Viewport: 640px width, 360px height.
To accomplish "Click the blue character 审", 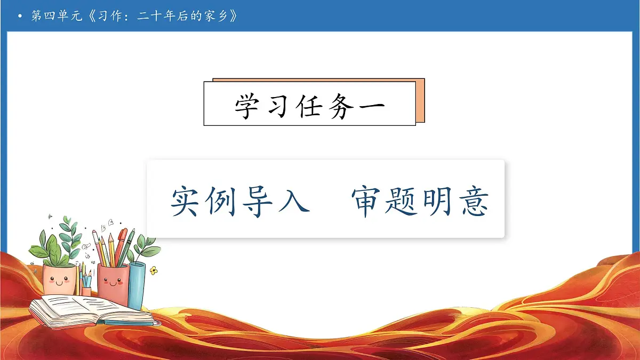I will (x=367, y=202).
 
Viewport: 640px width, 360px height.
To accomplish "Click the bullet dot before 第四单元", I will (x=20, y=17).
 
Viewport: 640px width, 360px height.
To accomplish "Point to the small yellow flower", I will (x=154, y=270).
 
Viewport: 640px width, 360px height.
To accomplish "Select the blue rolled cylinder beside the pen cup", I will (x=137, y=285).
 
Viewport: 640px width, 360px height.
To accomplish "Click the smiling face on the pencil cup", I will (x=112, y=282).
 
